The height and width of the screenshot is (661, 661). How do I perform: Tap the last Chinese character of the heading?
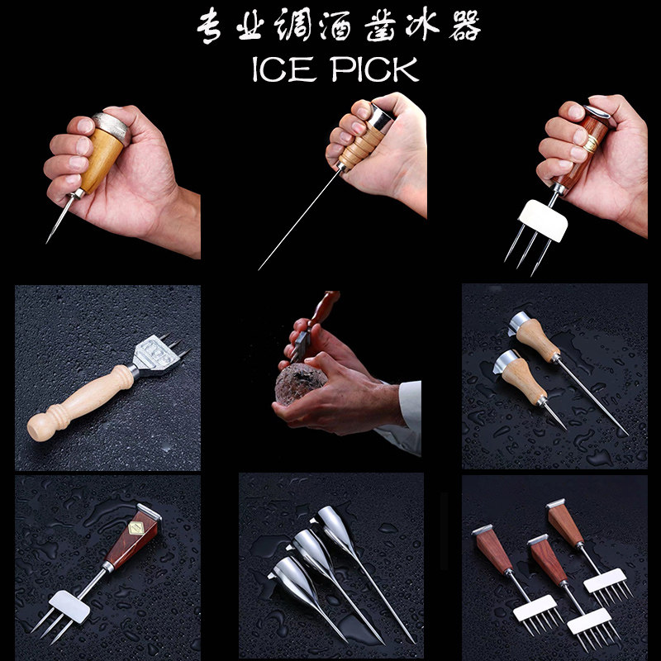click(461, 27)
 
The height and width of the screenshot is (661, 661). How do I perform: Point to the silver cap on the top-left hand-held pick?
click(111, 126)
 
